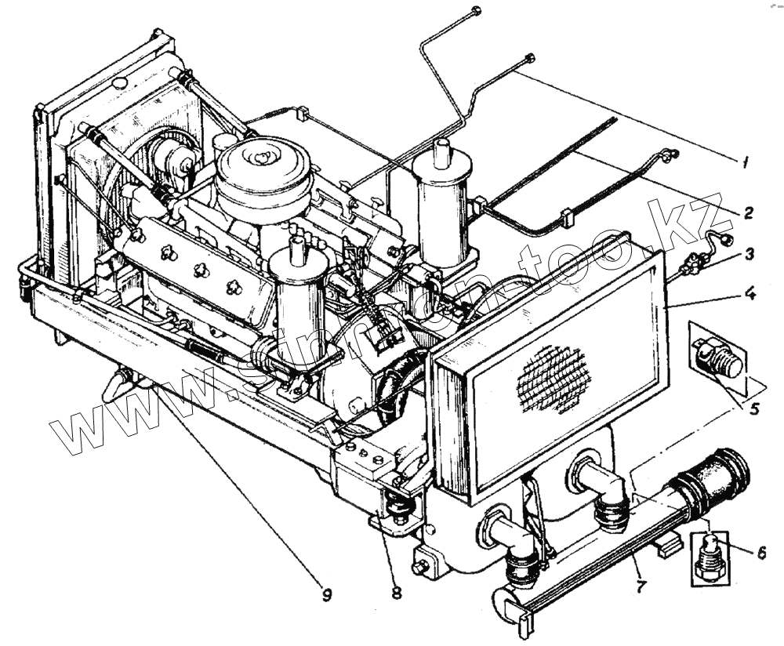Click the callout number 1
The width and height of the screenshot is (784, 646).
(746, 163)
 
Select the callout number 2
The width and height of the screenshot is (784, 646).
(749, 212)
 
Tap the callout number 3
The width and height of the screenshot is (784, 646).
(750, 253)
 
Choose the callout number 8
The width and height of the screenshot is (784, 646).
(396, 593)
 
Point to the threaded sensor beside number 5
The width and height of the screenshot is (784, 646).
(719, 358)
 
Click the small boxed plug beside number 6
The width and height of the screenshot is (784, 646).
(710, 557)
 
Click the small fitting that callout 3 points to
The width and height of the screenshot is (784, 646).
(691, 267)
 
